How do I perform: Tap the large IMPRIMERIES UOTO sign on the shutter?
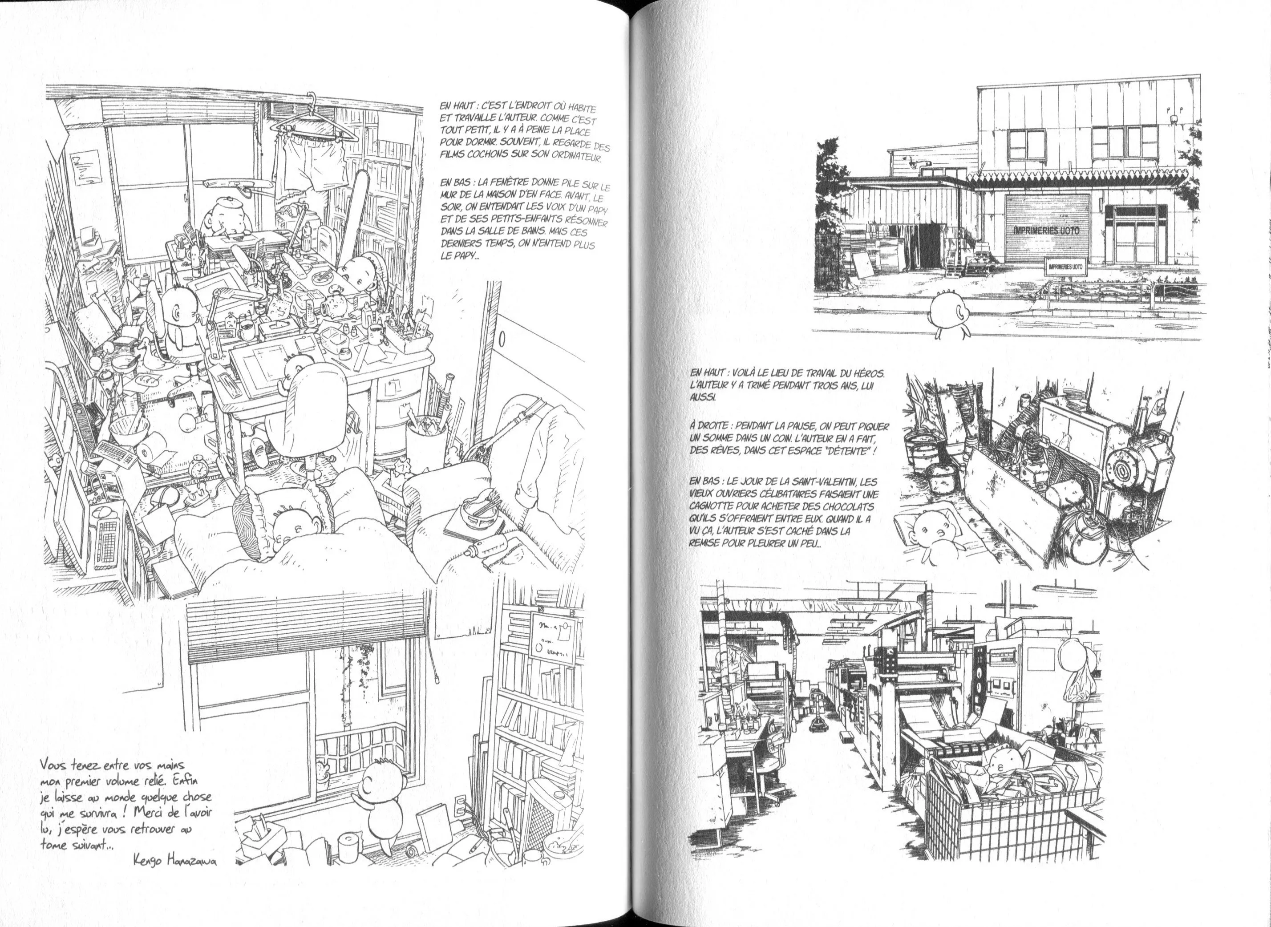click(x=1047, y=230)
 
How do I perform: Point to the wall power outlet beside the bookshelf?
click(x=460, y=806)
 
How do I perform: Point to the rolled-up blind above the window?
click(x=305, y=629)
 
